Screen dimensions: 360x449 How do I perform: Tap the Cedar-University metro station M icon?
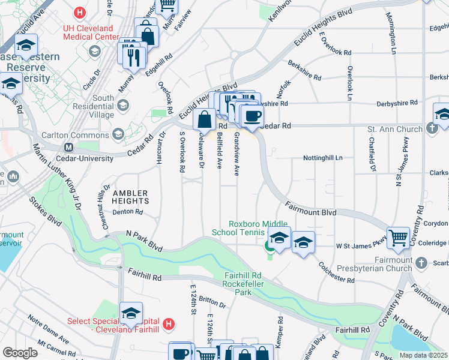coord(69,147)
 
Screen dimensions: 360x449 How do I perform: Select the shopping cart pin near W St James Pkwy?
coord(398,238)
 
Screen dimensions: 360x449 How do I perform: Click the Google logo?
coord(20,352)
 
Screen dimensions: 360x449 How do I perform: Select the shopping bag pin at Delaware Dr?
coord(205,120)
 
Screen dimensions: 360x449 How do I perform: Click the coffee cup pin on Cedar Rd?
coord(253,115)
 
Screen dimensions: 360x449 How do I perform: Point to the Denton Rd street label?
coord(127,212)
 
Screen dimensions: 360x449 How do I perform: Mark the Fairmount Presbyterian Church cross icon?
coord(421,263)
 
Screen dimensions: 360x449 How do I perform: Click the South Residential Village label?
coord(95,106)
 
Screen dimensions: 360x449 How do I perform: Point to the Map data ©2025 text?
coord(423,355)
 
